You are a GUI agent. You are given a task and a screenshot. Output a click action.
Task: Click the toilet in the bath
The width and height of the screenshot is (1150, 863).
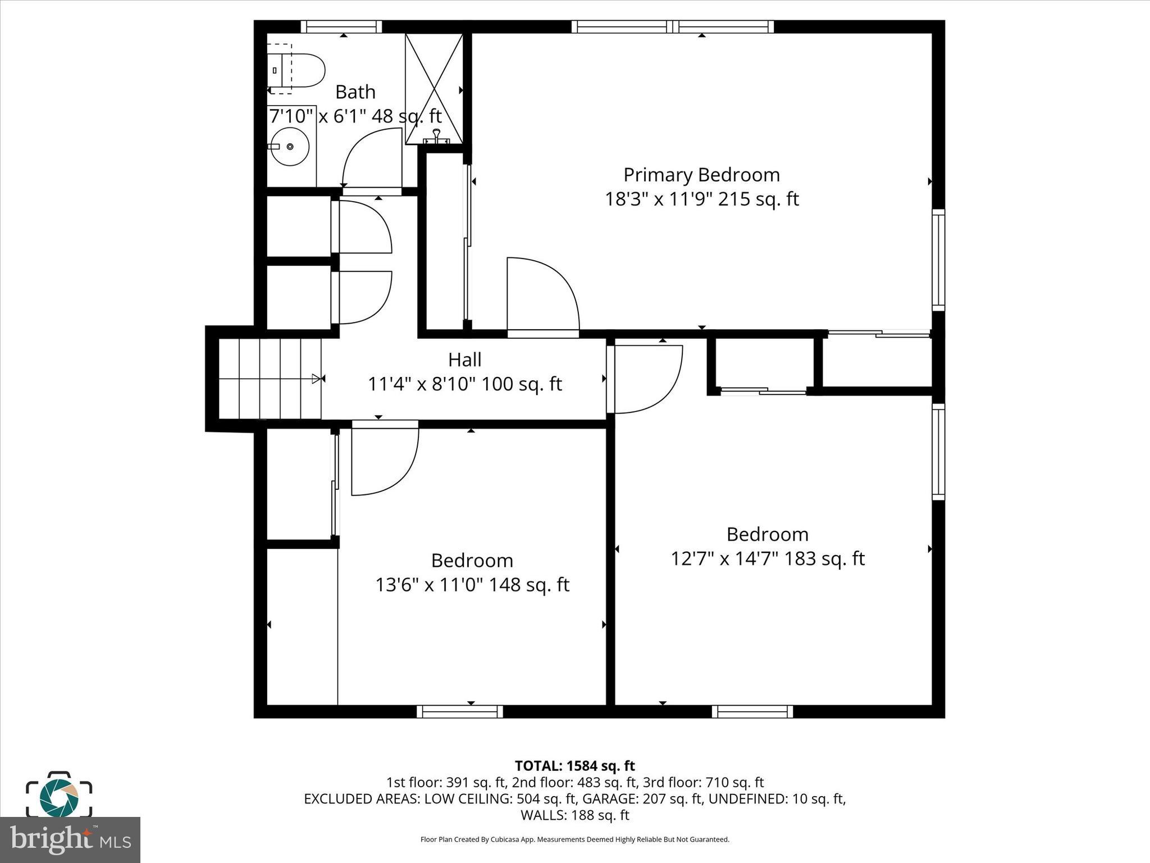[298, 71]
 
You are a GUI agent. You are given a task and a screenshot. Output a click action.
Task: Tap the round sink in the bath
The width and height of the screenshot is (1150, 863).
[290, 147]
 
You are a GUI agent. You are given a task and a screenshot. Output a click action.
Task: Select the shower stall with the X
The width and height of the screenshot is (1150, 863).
[434, 88]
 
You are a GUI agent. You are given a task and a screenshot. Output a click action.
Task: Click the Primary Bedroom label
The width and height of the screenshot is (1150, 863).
[701, 175]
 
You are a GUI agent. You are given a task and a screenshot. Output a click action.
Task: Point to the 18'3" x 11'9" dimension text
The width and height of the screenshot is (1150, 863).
[701, 199]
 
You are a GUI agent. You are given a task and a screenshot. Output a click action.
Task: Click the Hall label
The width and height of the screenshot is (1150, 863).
[464, 360]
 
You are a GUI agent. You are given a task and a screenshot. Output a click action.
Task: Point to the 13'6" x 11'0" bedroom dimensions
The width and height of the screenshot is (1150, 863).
[472, 585]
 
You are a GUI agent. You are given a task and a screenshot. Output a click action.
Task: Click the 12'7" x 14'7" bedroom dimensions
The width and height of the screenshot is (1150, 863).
[767, 558]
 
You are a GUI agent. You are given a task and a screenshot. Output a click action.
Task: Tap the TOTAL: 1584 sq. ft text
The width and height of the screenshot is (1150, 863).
[574, 766]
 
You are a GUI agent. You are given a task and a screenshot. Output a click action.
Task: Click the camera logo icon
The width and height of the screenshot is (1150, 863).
[58, 794]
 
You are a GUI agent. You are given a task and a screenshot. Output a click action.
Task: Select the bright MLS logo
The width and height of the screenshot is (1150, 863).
[70, 839]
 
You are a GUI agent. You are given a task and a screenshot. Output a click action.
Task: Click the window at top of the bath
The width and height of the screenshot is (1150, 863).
[341, 26]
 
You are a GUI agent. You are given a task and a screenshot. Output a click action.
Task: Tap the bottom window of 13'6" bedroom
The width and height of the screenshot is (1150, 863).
[460, 712]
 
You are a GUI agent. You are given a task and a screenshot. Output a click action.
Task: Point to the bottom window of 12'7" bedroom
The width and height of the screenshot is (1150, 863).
[752, 712]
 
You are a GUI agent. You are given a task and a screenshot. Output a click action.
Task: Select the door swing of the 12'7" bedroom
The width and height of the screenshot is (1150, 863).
[646, 379]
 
